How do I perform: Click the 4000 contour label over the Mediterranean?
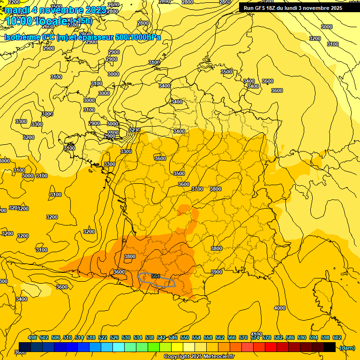point(279,308)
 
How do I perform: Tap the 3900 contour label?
point(217,272)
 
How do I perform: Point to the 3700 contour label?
point(197,189)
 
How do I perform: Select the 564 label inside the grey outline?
point(156,277)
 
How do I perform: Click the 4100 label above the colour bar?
point(256,334)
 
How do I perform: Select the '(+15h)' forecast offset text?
point(81,21)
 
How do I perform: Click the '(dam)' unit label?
point(346,347)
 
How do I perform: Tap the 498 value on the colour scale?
point(32,337)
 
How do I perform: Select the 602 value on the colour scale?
point(337,337)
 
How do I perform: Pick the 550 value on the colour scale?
point(185,337)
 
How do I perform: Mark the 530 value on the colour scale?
point(126,337)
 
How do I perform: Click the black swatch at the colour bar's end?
point(329,347)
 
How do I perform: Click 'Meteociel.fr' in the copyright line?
point(217,357)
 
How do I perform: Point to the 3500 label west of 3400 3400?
point(226,72)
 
